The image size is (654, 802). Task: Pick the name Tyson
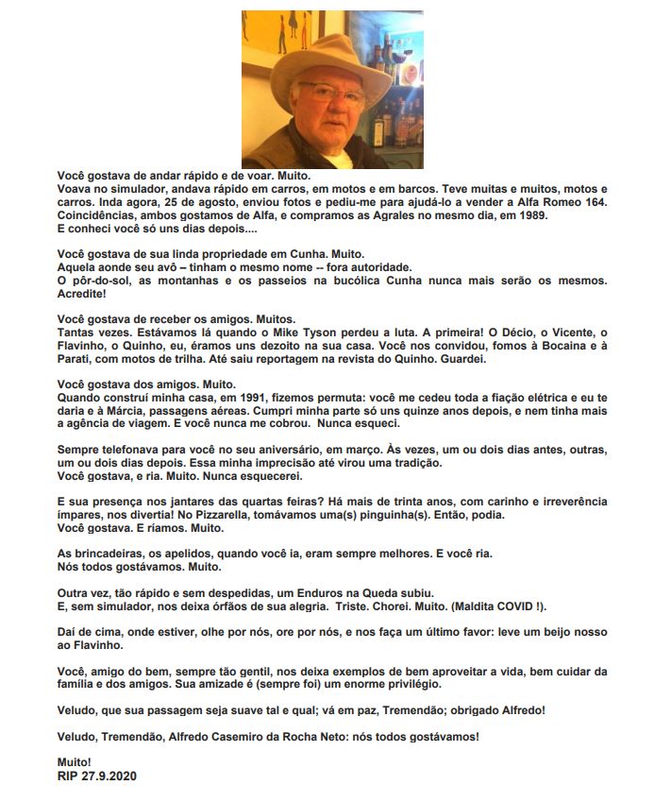[x=385, y=333]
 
